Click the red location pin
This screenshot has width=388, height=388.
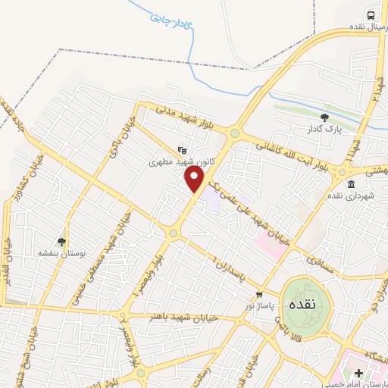[x=195, y=180]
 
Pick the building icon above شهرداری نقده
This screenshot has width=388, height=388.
[x=350, y=184]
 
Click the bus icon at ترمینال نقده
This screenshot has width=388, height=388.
[x=371, y=14]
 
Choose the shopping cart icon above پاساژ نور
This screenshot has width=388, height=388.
[x=259, y=294]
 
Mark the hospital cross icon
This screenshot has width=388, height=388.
[x=358, y=373]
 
